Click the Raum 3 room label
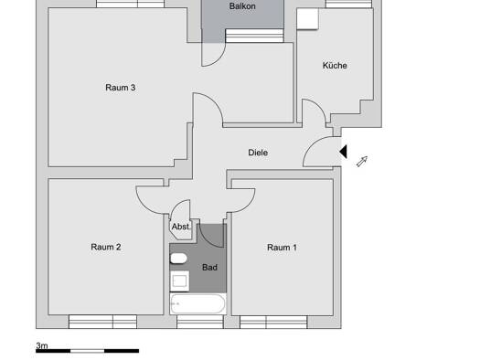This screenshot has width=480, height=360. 121,88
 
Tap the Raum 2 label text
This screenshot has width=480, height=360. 106,247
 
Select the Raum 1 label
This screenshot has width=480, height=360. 282,247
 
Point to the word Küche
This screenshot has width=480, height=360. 335,65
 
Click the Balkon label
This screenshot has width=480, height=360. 242,6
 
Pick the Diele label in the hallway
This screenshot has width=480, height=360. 258,153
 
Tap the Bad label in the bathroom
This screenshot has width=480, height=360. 209,268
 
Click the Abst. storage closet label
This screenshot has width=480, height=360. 181,227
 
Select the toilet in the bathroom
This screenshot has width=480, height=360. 178,259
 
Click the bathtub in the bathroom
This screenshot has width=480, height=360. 198,303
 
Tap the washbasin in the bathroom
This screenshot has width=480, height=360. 180,281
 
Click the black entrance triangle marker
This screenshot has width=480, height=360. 343,152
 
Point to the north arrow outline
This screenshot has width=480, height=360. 362,161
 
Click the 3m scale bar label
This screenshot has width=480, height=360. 42,345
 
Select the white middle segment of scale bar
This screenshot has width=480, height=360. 88,351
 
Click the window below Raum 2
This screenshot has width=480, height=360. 102,322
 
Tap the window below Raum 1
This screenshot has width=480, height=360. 273,323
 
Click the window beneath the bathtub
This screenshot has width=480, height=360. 200,322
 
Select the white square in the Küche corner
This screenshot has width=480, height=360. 307,19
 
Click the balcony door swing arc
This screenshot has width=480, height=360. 219,58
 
